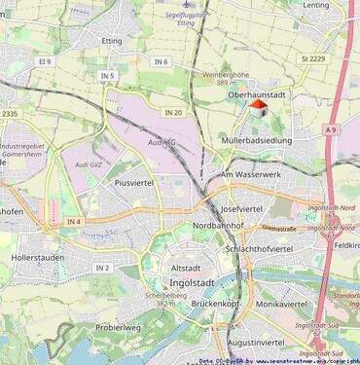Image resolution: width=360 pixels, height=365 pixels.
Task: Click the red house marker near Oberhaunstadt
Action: tap(258, 108)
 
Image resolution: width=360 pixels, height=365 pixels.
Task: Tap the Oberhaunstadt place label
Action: tap(256, 94)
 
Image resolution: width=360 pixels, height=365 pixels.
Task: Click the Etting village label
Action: tap(112, 41)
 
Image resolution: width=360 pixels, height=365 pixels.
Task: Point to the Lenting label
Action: tap(316, 5)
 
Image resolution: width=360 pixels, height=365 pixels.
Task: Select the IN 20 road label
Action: tap(173, 113)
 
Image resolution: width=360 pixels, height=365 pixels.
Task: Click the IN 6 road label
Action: tap(161, 61)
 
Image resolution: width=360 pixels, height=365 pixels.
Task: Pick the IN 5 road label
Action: tap(106, 76)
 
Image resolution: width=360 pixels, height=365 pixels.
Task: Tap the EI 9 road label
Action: tap(44, 61)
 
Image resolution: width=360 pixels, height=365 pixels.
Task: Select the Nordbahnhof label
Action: tap(214, 225)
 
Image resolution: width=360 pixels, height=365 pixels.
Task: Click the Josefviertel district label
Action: tap(242, 208)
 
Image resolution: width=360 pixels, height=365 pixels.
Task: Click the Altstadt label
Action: tap(186, 267)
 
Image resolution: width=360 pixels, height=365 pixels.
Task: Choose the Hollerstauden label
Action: tap(37, 258)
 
